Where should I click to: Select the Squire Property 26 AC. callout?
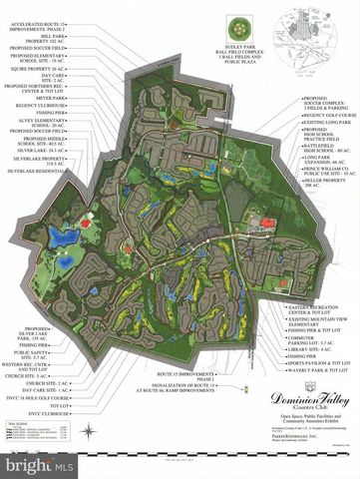44,69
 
